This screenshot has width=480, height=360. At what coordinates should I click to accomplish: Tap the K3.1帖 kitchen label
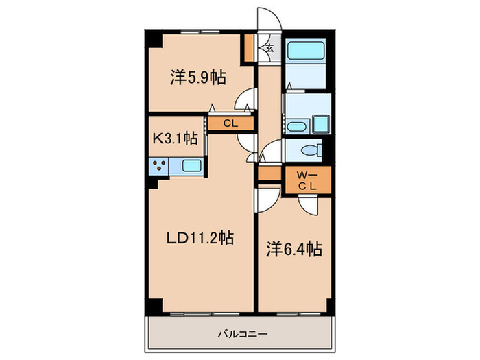174,138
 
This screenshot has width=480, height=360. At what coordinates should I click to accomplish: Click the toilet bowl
309,149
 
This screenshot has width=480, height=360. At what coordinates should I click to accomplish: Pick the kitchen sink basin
192,165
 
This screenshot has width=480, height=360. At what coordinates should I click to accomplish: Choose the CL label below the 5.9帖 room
231,124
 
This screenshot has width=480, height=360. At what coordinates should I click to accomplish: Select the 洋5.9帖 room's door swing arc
243,101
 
